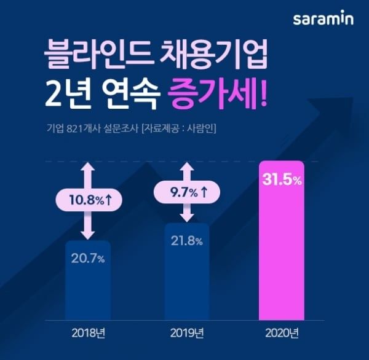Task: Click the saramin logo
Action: point(323,19)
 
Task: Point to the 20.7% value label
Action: point(88,258)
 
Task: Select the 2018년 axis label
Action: point(88,334)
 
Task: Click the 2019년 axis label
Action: point(187,334)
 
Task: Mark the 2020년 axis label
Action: point(282,334)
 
